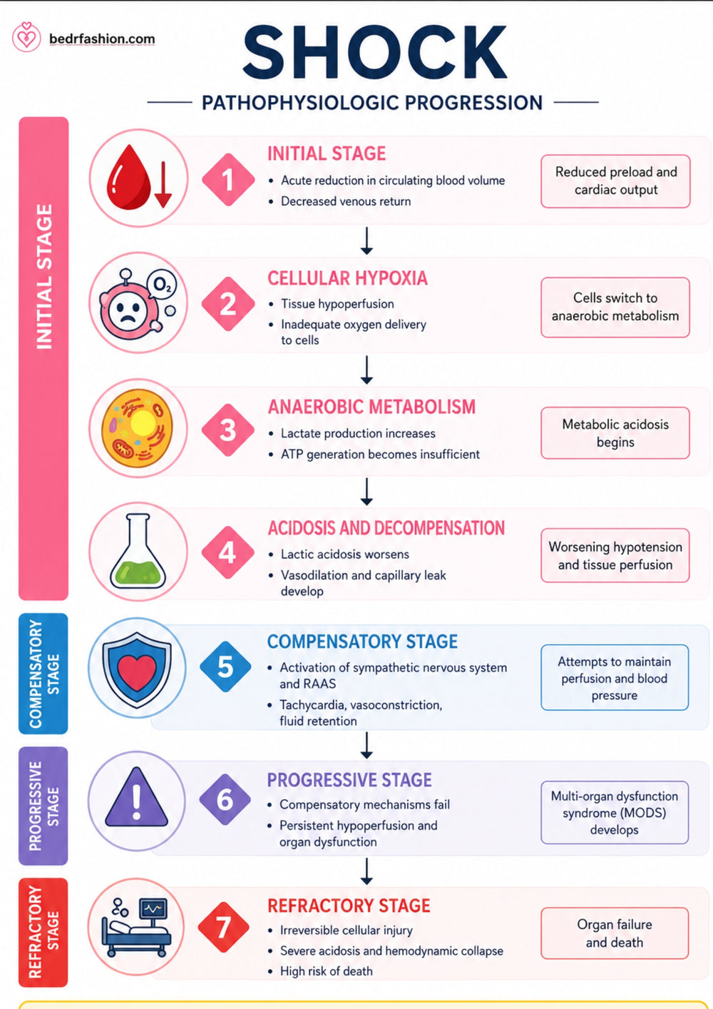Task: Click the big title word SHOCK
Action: (374, 52)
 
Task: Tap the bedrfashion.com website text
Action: (102, 39)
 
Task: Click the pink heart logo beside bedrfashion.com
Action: (26, 37)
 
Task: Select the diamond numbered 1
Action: (228, 180)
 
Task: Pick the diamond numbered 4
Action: (227, 552)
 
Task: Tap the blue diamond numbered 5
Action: (225, 666)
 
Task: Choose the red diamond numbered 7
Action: (223, 928)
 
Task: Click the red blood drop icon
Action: (129, 178)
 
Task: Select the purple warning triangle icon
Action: (136, 796)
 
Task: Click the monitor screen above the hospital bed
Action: (153, 908)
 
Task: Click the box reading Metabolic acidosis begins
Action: (615, 433)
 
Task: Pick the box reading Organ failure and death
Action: (615, 933)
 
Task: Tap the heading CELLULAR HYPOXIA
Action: (347, 278)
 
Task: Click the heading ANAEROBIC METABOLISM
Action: (371, 407)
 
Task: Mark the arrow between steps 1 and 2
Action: (367, 241)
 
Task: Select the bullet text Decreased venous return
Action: (346, 201)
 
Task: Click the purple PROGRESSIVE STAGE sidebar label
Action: (43, 806)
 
